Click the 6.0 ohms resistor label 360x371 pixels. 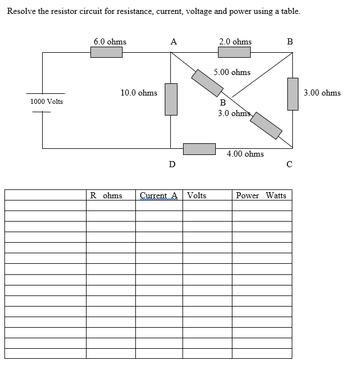click(109, 42)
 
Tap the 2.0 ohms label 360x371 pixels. click(235, 42)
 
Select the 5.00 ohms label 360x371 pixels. click(232, 72)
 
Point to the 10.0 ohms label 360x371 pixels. click(139, 93)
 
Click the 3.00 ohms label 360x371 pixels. click(322, 93)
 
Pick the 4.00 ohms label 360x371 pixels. click(245, 154)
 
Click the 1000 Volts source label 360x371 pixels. click(47, 102)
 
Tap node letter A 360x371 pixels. click(174, 41)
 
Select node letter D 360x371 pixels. click(172, 164)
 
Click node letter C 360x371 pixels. click(289, 164)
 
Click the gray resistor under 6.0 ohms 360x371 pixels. click(107, 52)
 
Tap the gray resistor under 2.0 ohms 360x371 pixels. click(234, 52)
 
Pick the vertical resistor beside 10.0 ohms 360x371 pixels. click(171, 99)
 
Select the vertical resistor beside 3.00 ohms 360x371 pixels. click(292, 94)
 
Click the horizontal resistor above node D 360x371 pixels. click(199, 149)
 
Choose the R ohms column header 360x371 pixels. click(106, 195)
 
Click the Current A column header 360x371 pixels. click(159, 195)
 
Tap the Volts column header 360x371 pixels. click(197, 195)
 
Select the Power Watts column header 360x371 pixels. click(261, 195)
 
